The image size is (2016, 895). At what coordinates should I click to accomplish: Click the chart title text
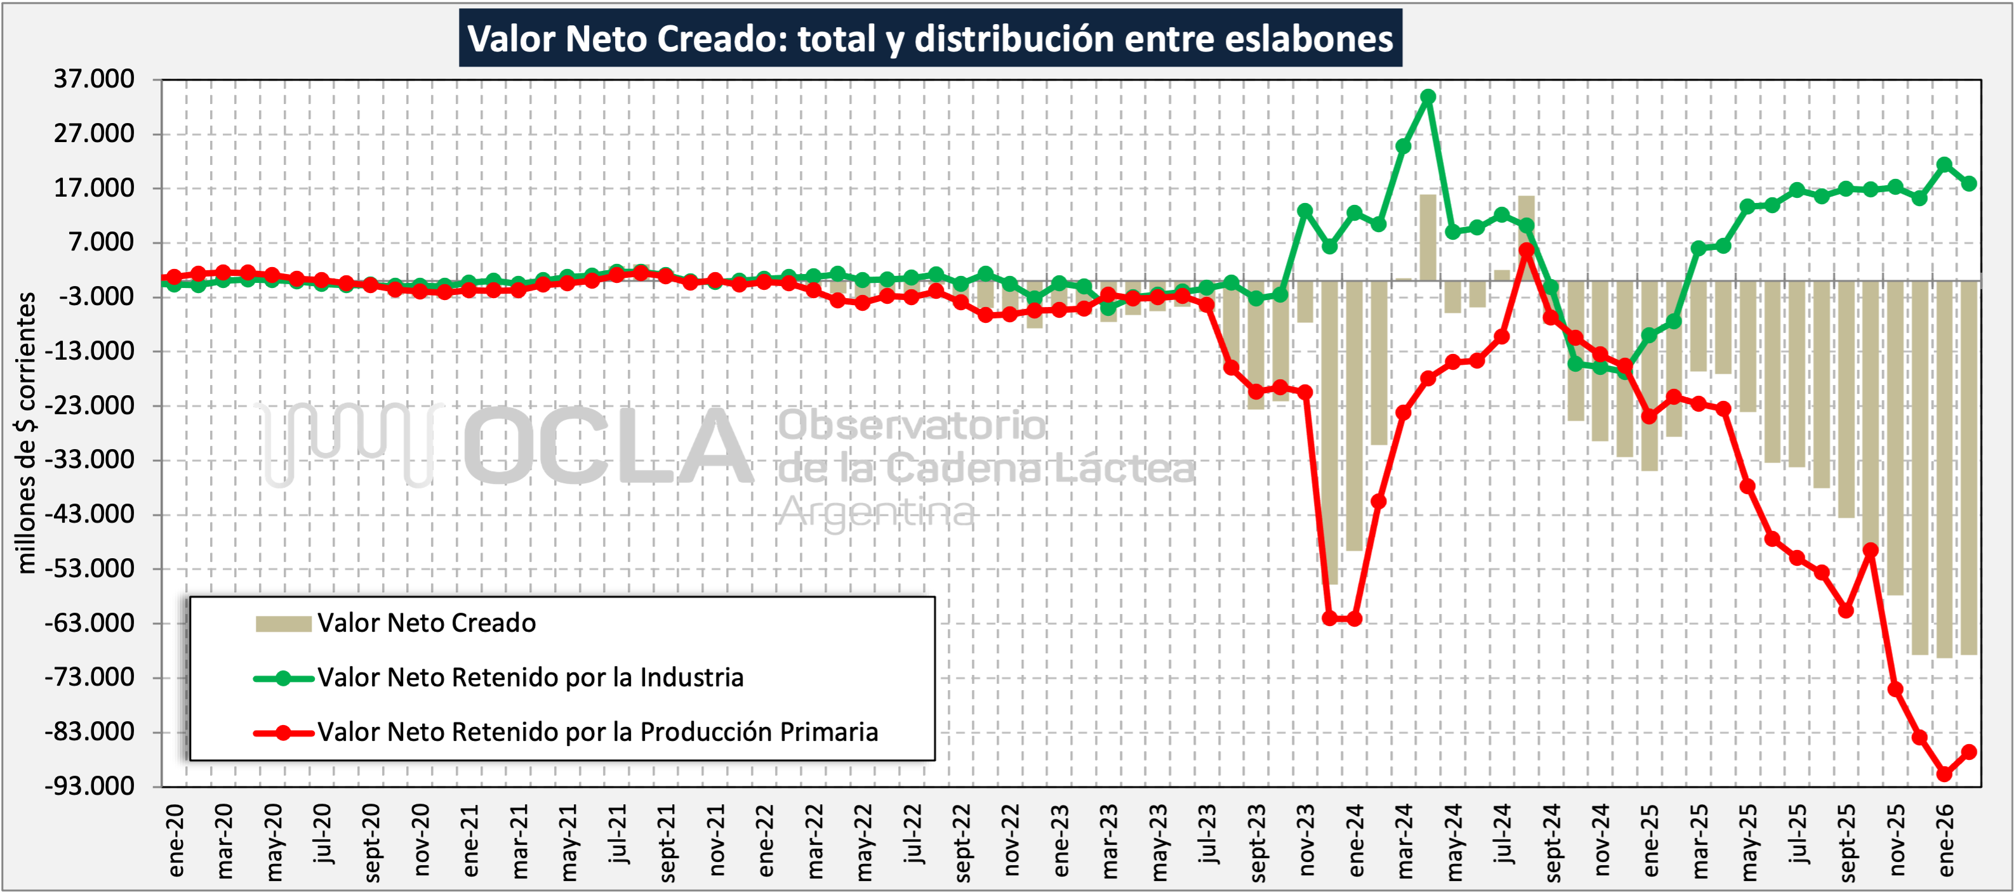pyautogui.click(x=930, y=38)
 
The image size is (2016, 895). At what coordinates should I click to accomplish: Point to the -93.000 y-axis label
pyautogui.click(x=90, y=785)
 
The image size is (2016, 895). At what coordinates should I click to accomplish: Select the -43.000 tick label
pyautogui.click(x=90, y=514)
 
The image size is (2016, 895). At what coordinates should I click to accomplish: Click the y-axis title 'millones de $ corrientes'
pyautogui.click(x=27, y=433)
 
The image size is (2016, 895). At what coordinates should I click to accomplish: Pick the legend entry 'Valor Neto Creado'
pyautogui.click(x=427, y=623)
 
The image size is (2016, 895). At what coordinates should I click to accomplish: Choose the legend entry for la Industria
pyautogui.click(x=530, y=677)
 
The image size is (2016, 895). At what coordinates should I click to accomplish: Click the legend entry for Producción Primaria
pyautogui.click(x=597, y=732)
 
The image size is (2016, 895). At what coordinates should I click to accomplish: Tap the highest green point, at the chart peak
pyautogui.click(x=1428, y=97)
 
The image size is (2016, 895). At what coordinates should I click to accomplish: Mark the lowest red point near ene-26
pyautogui.click(x=1945, y=774)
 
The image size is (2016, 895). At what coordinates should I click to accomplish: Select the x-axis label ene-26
pyautogui.click(x=1946, y=841)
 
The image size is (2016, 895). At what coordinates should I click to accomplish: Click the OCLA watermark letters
pyautogui.click(x=607, y=446)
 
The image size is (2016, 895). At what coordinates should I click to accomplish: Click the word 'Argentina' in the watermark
pyautogui.click(x=877, y=513)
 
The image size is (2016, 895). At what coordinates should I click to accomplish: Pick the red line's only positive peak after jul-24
pyautogui.click(x=1527, y=251)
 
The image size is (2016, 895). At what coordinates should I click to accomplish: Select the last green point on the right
pyautogui.click(x=1969, y=184)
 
